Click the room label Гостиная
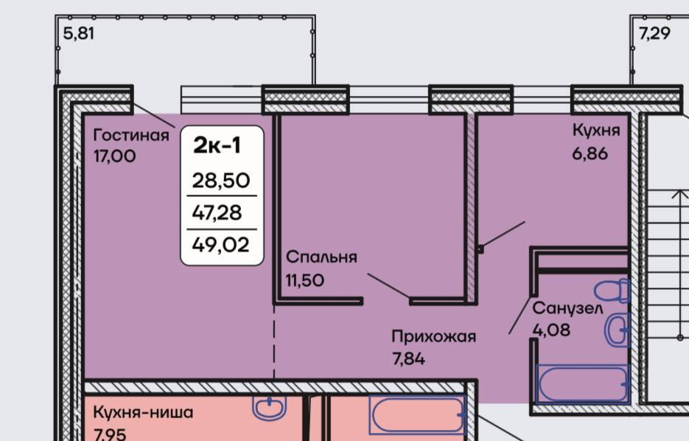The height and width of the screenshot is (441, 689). click(x=131, y=135)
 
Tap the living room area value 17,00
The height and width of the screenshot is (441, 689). click(x=115, y=156)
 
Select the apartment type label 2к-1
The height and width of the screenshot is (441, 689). click(x=217, y=145)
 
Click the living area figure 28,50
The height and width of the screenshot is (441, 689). click(x=221, y=181)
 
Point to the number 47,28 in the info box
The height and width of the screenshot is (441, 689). click(x=217, y=213)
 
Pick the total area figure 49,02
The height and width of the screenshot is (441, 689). click(x=220, y=245)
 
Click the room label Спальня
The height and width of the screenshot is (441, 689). click(x=321, y=257)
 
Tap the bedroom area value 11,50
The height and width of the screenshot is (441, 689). click(x=305, y=280)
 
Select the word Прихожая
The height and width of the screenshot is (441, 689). click(x=434, y=337)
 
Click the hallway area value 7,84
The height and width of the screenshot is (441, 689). click(x=409, y=359)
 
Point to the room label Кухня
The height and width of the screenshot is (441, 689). click(x=596, y=131)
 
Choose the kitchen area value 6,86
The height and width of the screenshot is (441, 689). click(x=590, y=154)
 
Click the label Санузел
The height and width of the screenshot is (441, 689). click(x=567, y=309)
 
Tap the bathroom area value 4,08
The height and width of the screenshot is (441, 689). click(x=551, y=330)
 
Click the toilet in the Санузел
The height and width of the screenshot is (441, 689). click(x=612, y=291)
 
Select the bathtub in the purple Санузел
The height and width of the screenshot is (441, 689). click(x=583, y=383)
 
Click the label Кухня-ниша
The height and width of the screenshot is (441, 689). click(x=143, y=412)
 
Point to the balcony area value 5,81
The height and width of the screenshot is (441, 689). click(x=79, y=34)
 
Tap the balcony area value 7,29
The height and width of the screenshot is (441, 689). click(x=654, y=34)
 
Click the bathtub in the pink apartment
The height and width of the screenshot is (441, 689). click(x=417, y=414)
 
